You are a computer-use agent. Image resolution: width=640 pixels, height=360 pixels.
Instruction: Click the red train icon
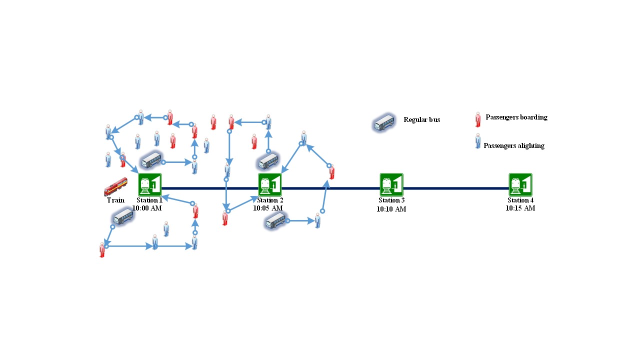tap(115, 187)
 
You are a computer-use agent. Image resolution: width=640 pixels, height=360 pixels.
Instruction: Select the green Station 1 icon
tap(150, 185)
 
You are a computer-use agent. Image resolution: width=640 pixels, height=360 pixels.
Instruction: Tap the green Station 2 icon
tap(270, 185)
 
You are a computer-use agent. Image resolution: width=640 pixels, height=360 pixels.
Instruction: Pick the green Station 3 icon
tap(391, 185)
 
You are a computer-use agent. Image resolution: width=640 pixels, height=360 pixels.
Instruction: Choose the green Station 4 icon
tap(520, 185)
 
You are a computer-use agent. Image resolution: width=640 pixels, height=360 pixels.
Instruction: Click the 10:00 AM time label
tap(147, 208)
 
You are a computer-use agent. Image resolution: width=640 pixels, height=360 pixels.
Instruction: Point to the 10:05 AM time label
tap(268, 208)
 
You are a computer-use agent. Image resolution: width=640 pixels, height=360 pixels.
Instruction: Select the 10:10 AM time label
tap(391, 209)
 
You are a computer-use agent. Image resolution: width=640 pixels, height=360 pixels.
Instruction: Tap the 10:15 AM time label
tap(520, 208)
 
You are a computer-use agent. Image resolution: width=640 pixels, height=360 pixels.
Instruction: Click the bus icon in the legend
tap(384, 122)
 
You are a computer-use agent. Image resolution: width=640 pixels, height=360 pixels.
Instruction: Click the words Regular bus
tap(422, 120)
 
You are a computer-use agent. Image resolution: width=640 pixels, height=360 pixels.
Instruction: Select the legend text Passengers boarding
tap(516, 117)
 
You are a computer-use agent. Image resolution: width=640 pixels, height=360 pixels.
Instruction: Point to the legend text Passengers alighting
tap(514, 146)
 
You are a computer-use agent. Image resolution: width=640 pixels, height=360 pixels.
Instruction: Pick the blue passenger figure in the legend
tap(478, 141)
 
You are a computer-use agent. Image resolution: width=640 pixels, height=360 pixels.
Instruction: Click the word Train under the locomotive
tap(115, 200)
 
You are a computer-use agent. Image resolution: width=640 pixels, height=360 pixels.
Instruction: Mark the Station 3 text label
tap(391, 200)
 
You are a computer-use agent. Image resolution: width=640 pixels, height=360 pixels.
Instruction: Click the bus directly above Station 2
tap(268, 161)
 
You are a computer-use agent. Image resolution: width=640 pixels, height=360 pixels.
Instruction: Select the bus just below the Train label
tap(123, 217)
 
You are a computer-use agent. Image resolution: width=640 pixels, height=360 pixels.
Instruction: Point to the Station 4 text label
tap(520, 200)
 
